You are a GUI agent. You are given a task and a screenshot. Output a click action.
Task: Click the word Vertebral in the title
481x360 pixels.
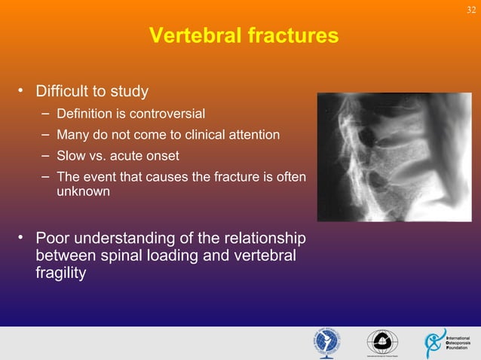click(x=191, y=35)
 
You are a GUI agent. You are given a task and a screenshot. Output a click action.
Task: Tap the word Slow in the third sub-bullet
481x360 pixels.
click(x=71, y=156)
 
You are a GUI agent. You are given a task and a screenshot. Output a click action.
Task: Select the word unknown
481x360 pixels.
click(x=83, y=192)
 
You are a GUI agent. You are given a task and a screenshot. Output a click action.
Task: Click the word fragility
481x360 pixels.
click(x=60, y=273)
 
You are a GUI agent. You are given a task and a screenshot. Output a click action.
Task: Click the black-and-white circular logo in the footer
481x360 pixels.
click(x=382, y=343)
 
